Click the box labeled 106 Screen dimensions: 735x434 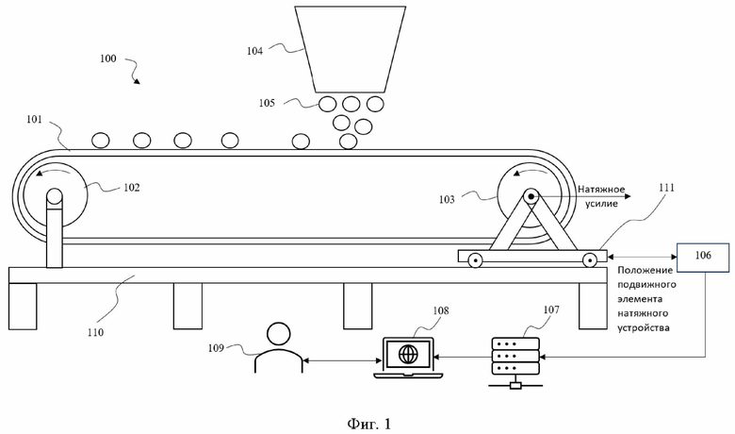click(x=703, y=258)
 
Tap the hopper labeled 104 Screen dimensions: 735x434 click(x=351, y=49)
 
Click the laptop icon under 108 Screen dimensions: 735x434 click(x=408, y=358)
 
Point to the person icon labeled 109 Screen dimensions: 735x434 click(x=278, y=347)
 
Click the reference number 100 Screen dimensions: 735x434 click(x=107, y=58)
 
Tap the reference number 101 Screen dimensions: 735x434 click(x=34, y=119)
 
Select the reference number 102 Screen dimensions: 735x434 click(x=132, y=188)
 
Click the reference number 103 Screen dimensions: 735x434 click(x=447, y=200)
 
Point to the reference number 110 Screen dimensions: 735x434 click(x=95, y=332)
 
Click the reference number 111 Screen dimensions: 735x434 click(x=666, y=188)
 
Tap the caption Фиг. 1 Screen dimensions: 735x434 click(x=368, y=425)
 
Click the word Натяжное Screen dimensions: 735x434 click(x=601, y=189)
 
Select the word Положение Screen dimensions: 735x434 click(x=645, y=270)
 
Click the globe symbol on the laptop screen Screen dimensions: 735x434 click(x=408, y=354)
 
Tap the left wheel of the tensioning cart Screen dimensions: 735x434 click(x=474, y=260)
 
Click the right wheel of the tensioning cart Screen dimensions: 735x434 click(x=589, y=259)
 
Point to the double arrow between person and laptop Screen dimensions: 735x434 click(x=343, y=360)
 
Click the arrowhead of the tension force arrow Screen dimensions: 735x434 click(x=628, y=196)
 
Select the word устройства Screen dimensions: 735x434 click(x=643, y=328)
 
